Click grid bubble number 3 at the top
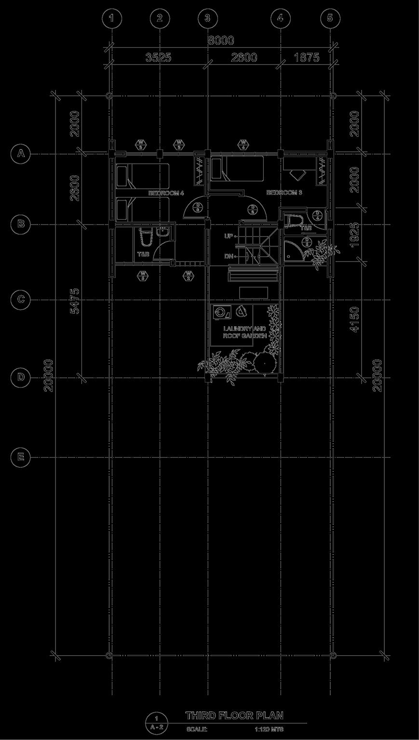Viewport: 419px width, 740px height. point(207,18)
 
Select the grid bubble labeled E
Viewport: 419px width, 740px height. point(20,456)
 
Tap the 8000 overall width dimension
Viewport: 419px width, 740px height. point(221,41)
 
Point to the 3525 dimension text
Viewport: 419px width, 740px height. point(158,58)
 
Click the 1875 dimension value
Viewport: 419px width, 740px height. point(306,58)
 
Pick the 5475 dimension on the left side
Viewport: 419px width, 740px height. point(74,301)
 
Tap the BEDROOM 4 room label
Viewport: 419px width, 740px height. point(166,193)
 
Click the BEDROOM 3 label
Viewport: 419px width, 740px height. point(284,193)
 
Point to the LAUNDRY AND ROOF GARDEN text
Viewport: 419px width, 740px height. point(244,332)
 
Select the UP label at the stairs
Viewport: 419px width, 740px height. point(229,236)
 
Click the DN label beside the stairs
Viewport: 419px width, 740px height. point(229,256)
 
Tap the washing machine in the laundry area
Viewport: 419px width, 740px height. point(222,313)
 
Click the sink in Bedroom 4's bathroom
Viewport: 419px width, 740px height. point(163,233)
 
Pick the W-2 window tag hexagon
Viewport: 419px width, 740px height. point(189,275)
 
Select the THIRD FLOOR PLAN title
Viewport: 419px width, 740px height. point(234,715)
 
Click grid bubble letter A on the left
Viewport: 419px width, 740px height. point(20,154)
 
